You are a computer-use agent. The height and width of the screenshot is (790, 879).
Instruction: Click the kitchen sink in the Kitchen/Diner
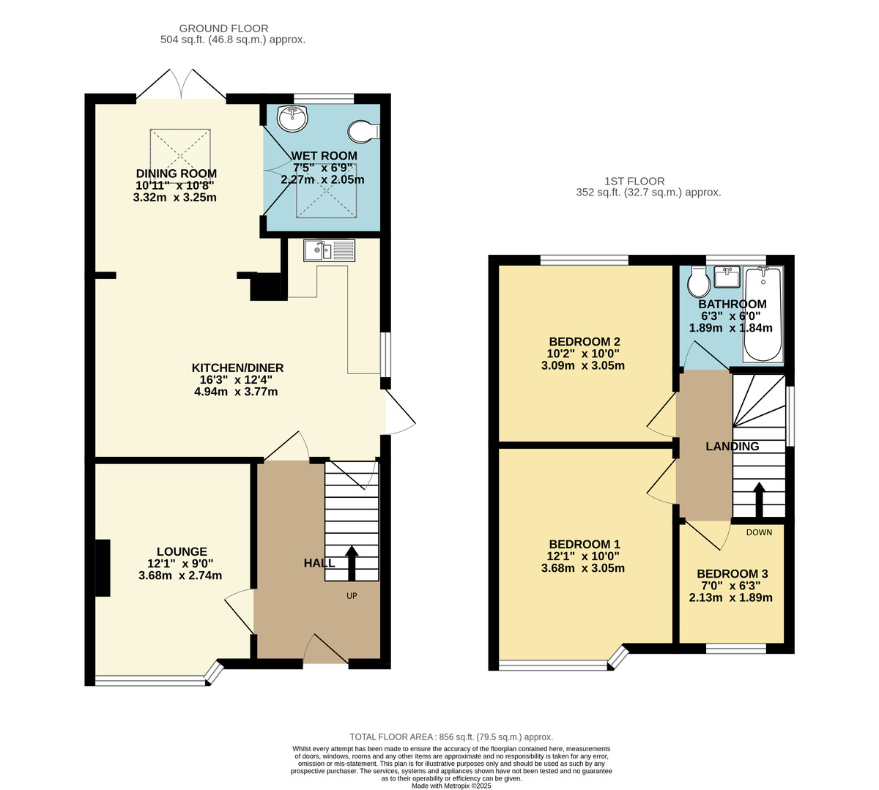[329, 250]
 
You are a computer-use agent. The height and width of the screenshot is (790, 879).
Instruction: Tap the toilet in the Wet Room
[363, 131]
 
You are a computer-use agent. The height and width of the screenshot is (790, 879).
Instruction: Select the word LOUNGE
[182, 551]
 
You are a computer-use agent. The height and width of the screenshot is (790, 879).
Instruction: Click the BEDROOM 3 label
[732, 574]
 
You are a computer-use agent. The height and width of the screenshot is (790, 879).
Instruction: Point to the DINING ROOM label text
[176, 174]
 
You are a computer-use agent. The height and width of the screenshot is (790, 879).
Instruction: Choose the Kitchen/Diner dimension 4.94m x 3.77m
[236, 392]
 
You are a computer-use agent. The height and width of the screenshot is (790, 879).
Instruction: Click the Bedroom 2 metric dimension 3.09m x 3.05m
[584, 365]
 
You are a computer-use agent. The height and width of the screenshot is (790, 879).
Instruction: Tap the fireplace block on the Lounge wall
[102, 567]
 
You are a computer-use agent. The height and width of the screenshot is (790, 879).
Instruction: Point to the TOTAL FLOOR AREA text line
[450, 737]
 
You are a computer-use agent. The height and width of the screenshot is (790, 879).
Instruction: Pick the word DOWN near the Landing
[759, 532]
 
